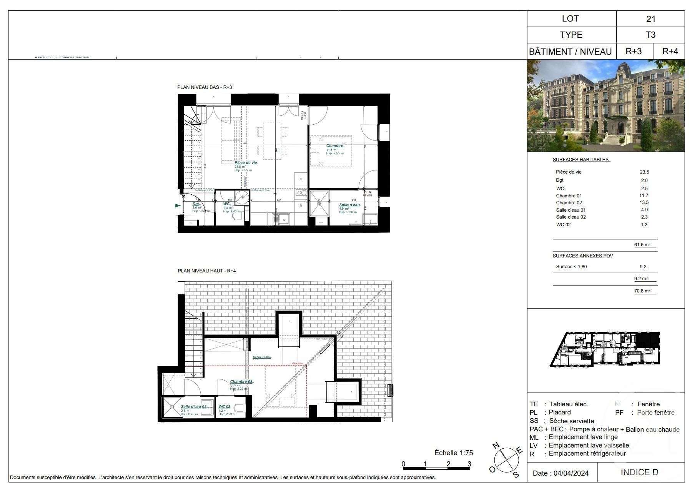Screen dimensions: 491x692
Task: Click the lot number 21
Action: [650, 19]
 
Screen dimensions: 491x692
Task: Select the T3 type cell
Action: [650, 35]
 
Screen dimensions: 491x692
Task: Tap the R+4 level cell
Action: [670, 51]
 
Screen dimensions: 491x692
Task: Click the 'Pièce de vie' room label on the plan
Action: [246, 163]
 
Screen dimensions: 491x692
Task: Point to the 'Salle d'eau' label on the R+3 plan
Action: [349, 205]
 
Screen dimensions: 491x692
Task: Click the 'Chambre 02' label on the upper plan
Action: [241, 382]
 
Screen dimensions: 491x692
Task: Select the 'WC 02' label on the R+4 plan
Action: [225, 407]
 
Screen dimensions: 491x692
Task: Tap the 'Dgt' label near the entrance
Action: [196, 204]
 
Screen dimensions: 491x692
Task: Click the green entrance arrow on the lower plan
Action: [178, 206]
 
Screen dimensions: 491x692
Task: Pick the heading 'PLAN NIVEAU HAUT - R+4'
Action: [206, 271]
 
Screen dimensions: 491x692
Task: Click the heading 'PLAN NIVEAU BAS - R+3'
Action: [205, 87]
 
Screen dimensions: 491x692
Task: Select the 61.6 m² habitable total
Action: [642, 245]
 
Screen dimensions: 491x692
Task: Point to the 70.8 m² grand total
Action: [642, 291]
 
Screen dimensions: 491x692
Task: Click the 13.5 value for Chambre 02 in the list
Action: [644, 203]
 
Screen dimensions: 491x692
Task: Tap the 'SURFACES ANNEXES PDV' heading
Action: [583, 256]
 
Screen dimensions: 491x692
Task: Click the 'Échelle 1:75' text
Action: [454, 453]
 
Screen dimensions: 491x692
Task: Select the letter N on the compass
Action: [496, 446]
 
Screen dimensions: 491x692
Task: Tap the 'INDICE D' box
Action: [639, 473]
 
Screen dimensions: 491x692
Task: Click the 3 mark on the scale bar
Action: [469, 464]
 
